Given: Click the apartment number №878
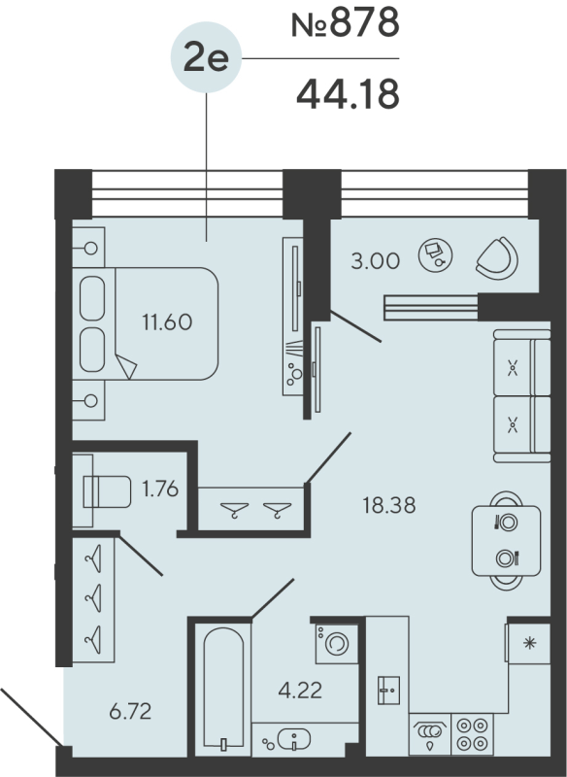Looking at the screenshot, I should [346, 23].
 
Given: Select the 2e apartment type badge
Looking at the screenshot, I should [205, 60].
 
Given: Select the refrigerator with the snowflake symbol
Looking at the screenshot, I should [529, 643].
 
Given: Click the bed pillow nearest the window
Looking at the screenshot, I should [93, 296].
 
